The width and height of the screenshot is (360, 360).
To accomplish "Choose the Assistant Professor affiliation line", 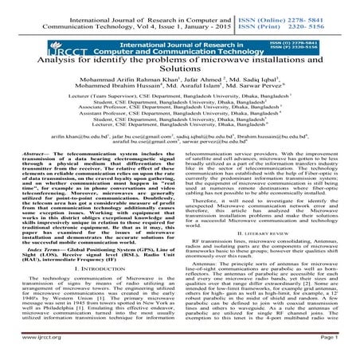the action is (180, 160).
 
